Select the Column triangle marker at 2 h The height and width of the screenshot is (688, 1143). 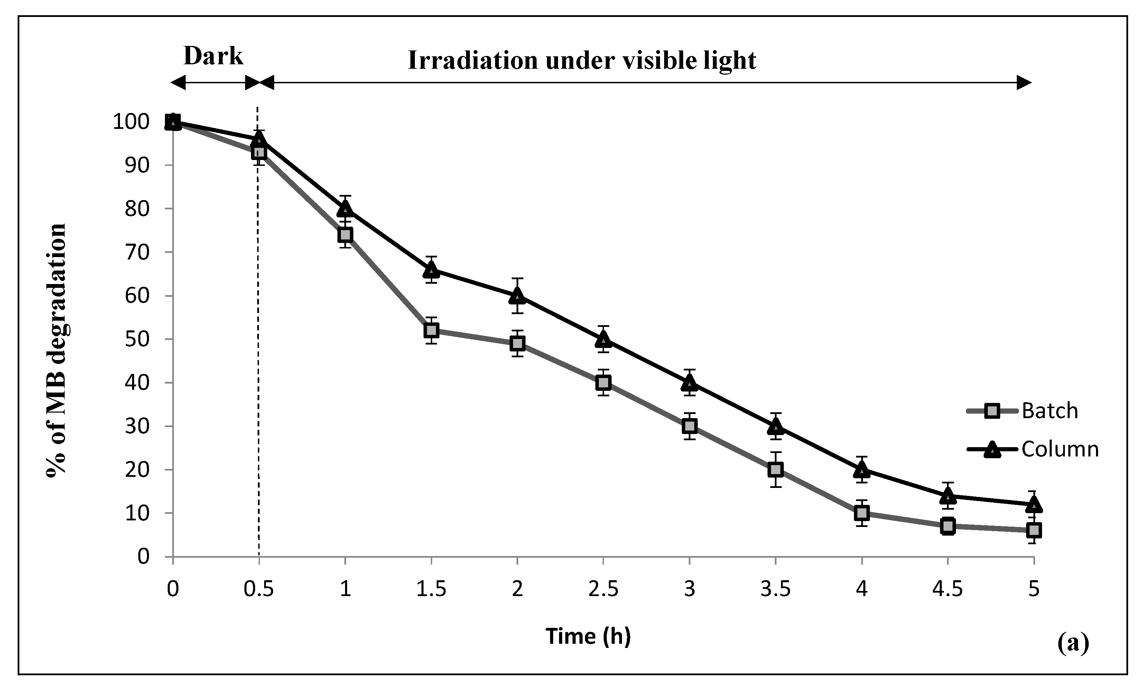[x=517, y=296]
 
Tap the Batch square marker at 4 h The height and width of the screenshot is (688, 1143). [x=862, y=513]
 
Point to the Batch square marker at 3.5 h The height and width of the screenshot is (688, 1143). [x=775, y=470]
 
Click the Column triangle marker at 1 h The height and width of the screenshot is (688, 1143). [x=345, y=209]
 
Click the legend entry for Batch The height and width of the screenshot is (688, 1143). [x=1049, y=411]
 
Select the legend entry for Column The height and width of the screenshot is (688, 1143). [x=1059, y=449]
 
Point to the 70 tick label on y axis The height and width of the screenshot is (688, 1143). [x=137, y=253]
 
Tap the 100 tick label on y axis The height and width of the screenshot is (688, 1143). [x=131, y=122]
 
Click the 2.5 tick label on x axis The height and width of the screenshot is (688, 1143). [x=603, y=589]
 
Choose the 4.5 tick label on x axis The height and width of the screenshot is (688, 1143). [x=947, y=589]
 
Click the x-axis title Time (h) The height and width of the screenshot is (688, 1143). [x=588, y=636]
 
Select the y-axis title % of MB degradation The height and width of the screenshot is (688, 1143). [x=57, y=350]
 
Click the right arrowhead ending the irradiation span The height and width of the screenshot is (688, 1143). [x=1024, y=83]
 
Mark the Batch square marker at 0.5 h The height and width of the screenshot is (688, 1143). [x=259, y=152]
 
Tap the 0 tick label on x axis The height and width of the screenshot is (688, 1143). [x=173, y=589]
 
